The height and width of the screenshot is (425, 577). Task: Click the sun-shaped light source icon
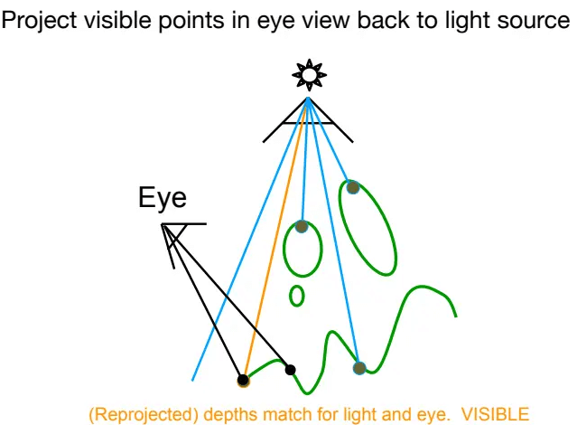[x=309, y=75]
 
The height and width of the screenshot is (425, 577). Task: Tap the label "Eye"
[x=163, y=198]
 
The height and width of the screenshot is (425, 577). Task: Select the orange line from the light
[x=275, y=240]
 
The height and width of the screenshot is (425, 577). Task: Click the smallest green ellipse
[x=297, y=296]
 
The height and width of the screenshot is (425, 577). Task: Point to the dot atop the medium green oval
[x=302, y=226]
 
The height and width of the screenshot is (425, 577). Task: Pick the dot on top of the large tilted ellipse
[x=353, y=187]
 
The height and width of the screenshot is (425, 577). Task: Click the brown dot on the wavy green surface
[x=359, y=368]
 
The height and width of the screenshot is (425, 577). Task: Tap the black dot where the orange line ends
[x=243, y=380]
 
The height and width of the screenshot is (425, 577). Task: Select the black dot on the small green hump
[x=291, y=369]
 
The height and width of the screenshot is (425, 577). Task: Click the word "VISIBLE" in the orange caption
[x=496, y=414]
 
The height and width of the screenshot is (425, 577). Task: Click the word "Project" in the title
[x=39, y=20]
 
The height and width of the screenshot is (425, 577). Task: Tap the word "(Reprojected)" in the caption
[x=144, y=415]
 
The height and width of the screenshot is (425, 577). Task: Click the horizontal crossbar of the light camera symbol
[x=308, y=124]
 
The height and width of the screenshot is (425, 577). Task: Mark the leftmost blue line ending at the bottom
[x=250, y=240]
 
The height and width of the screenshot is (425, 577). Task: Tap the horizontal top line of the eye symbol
[x=184, y=223]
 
